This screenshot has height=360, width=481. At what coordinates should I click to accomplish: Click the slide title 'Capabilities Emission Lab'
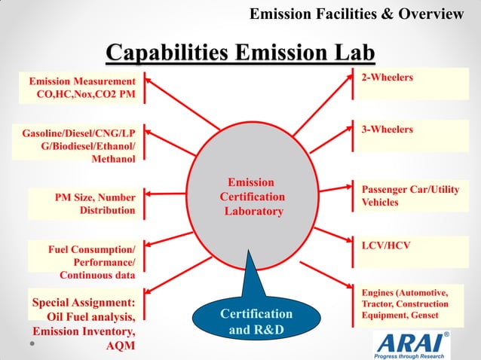click(240, 53)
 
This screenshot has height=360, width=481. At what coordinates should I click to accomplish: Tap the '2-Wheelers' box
click(412, 84)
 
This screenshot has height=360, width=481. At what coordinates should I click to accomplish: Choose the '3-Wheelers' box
click(412, 136)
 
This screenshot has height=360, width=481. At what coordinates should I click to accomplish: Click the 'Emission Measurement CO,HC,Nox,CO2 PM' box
click(79, 88)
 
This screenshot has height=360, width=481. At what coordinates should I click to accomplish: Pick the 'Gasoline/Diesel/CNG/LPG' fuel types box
click(79, 145)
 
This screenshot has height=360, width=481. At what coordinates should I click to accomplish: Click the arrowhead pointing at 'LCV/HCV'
click(350, 243)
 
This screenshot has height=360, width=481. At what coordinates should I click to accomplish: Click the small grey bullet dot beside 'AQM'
click(32, 343)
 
